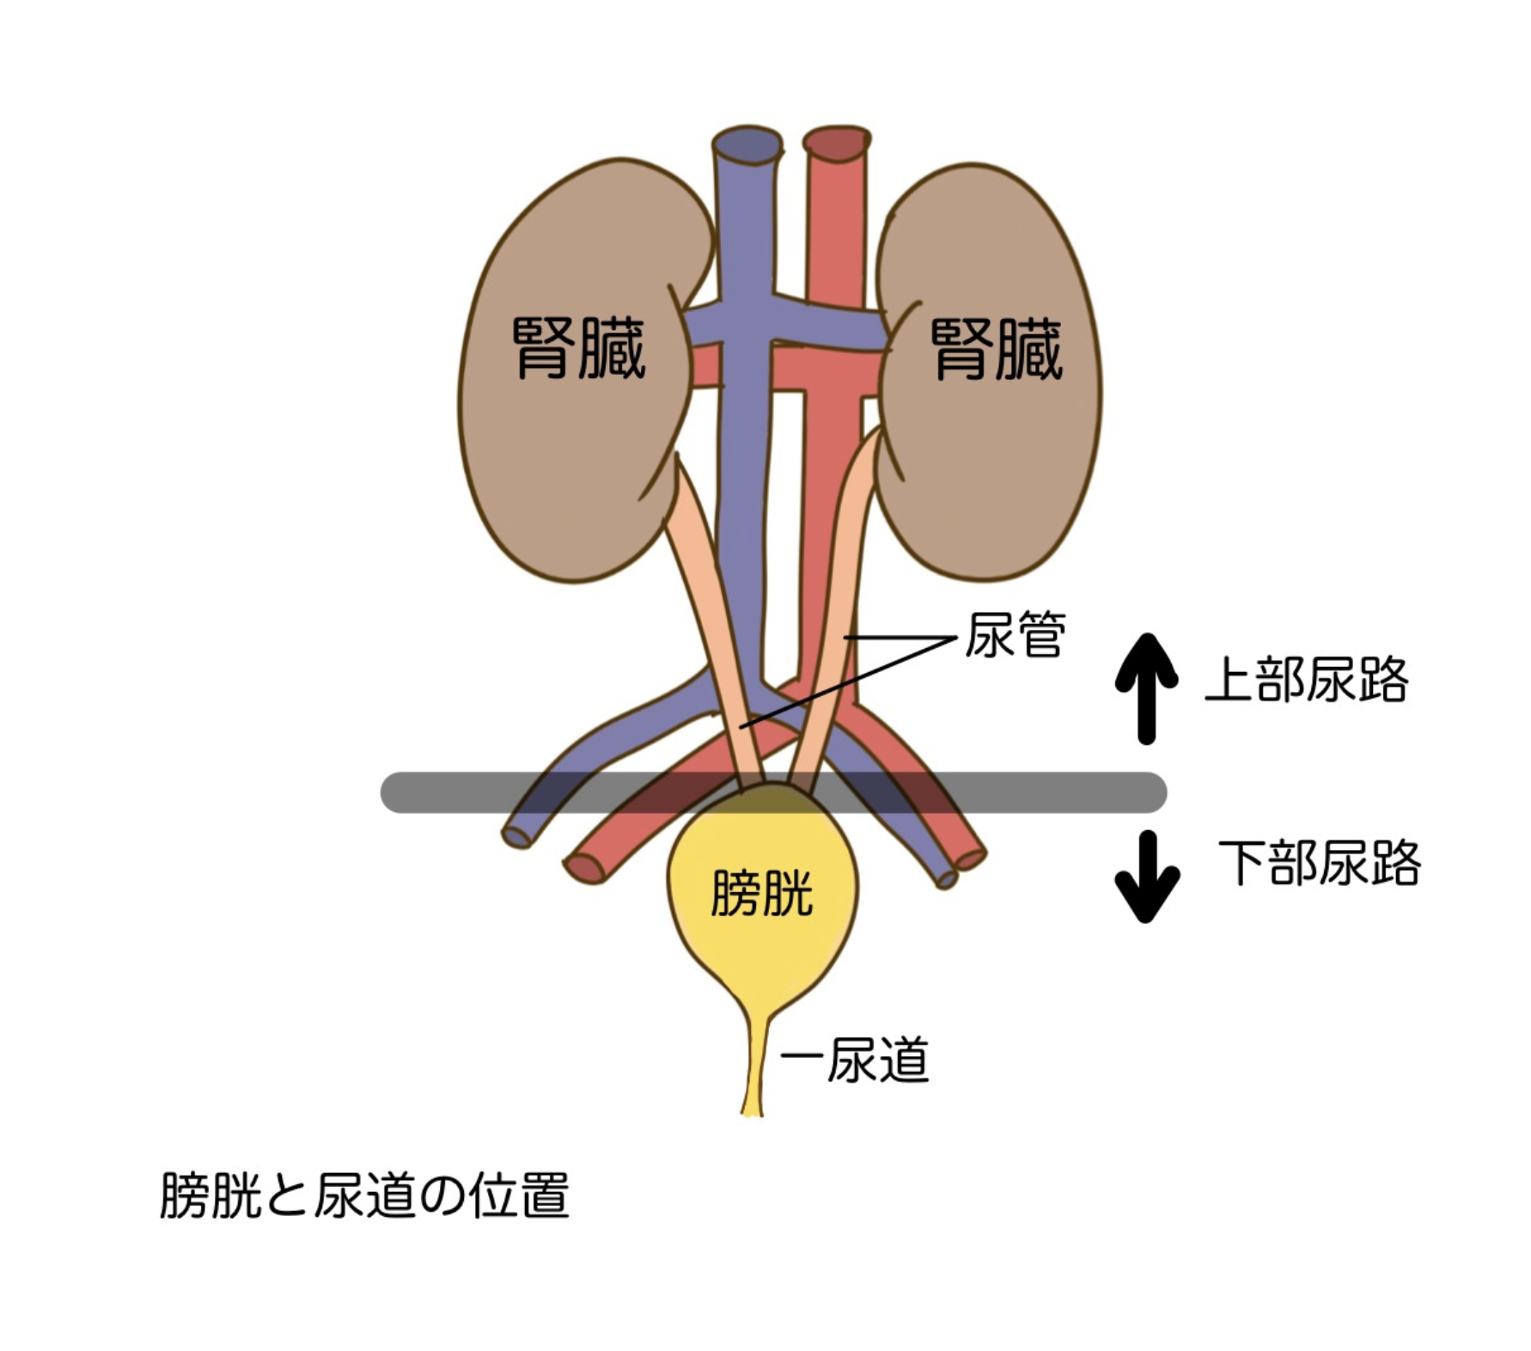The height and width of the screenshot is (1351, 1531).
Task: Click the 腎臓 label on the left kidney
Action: click(578, 348)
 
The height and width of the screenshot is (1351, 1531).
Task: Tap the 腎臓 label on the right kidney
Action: click(997, 348)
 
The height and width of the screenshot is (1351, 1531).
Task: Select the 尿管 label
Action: click(1015, 635)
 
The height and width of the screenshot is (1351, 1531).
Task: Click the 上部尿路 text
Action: click(1306, 680)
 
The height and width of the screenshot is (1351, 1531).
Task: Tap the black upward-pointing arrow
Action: click(1146, 688)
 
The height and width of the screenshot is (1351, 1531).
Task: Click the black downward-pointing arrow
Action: click(1146, 877)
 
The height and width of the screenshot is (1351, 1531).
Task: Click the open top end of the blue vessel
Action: click(747, 144)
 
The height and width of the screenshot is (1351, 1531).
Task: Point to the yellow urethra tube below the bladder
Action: click(753, 1066)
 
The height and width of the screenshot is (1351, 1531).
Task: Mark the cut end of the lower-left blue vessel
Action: click(516, 836)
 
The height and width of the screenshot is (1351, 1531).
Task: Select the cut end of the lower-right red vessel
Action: click(971, 859)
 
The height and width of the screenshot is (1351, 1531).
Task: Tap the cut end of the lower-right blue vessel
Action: click(947, 879)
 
